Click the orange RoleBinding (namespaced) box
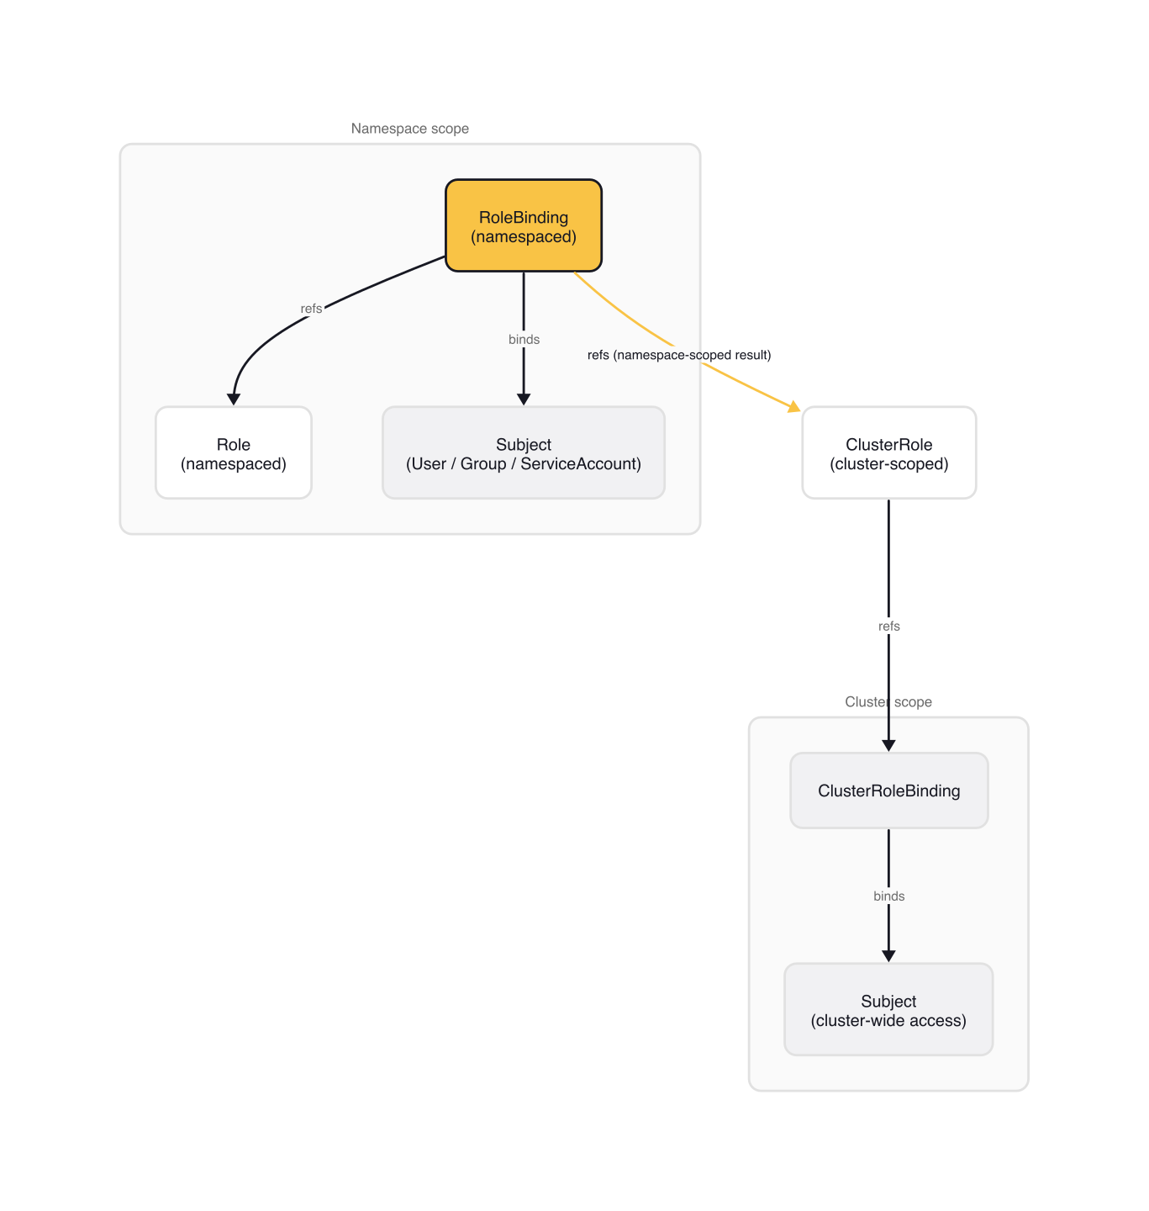(x=523, y=225)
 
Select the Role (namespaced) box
(x=234, y=453)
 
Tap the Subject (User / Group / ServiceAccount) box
(x=523, y=453)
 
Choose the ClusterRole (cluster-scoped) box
(x=888, y=453)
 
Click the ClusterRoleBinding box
(x=888, y=791)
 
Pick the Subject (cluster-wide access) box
(x=888, y=1010)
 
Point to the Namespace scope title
(x=409, y=129)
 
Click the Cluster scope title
(x=888, y=702)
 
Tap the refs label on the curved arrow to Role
(x=311, y=309)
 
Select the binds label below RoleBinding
(x=524, y=340)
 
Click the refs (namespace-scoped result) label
(x=679, y=355)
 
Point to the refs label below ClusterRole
(x=888, y=627)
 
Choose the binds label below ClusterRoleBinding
(x=888, y=896)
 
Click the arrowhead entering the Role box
(x=234, y=399)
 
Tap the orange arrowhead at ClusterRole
(x=794, y=407)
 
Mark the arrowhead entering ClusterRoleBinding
(x=888, y=745)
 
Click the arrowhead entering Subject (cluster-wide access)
(x=888, y=956)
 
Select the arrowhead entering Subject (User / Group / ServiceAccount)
(x=524, y=399)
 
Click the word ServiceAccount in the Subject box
(x=581, y=464)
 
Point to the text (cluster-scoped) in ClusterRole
(x=888, y=464)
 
